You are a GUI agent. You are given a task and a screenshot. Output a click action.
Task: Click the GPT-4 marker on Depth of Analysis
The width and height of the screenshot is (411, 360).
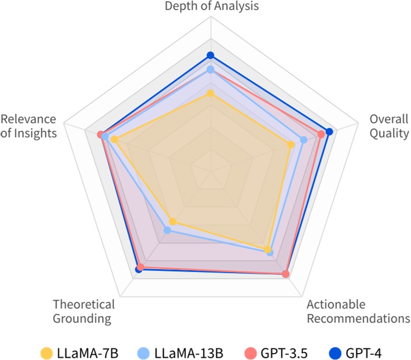coord(210,55)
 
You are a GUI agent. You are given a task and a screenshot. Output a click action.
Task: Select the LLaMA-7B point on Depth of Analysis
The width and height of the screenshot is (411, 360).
coord(210,93)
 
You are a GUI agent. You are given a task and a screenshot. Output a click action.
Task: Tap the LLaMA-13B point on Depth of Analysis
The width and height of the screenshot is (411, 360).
coord(210,69)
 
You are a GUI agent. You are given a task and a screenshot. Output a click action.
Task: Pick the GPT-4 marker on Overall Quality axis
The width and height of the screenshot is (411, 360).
coord(329,132)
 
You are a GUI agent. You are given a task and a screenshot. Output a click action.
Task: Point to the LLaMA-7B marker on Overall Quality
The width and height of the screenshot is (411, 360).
coord(291,144)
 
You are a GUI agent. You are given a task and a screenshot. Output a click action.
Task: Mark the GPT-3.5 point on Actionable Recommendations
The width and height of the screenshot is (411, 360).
coord(286,274)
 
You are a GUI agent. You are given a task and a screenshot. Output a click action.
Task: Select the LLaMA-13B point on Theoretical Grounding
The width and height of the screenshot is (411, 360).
coord(167,230)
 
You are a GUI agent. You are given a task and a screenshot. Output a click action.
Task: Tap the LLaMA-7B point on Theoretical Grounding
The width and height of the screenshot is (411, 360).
coord(172,222)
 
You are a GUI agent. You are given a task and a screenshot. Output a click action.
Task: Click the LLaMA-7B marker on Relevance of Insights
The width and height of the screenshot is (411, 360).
coord(114,139)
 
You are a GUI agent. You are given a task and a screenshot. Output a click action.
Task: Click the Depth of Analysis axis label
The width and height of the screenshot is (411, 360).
coord(211,6)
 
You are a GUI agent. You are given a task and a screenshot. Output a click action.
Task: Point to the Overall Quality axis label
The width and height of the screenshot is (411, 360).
coord(389,126)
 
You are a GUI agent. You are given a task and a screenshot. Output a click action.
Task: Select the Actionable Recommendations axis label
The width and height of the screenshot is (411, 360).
coord(358,312)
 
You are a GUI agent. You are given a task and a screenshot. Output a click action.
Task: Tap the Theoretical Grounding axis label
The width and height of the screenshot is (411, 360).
coord(83,312)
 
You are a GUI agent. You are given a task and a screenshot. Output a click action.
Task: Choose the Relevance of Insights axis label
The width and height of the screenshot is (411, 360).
coord(29,126)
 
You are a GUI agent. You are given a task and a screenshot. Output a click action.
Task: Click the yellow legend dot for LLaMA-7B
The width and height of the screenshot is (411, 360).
coord(46,353)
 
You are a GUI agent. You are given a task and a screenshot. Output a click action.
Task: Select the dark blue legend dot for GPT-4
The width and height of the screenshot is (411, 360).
coord(334,353)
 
